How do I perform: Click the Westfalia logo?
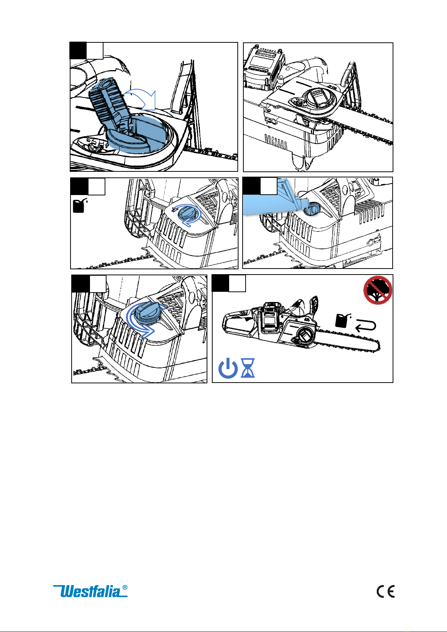(90, 591)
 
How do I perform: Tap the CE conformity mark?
(385, 591)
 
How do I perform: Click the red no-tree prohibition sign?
(378, 290)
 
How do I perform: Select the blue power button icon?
(228, 368)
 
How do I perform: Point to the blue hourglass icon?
(247, 368)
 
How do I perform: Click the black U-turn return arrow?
(366, 326)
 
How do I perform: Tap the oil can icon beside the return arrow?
(342, 321)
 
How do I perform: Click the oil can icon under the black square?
(80, 206)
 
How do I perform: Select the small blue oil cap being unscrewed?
(186, 215)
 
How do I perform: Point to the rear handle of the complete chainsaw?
(238, 324)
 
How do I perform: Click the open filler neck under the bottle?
(311, 209)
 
